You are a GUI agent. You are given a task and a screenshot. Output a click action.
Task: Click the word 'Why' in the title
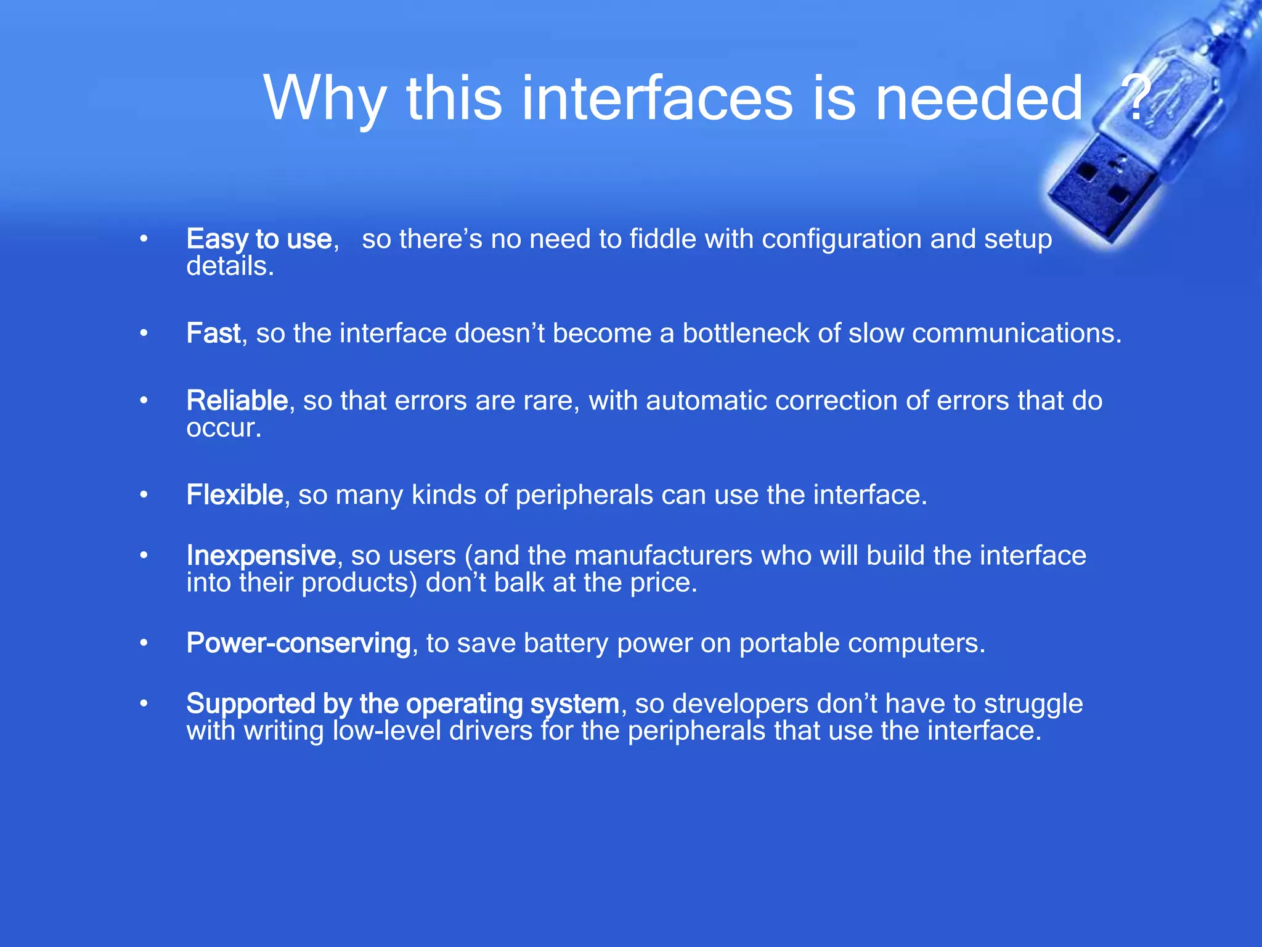[325, 99]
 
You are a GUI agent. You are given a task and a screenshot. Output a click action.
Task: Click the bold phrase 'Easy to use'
[259, 239]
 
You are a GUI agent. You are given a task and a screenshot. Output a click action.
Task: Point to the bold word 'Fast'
[213, 334]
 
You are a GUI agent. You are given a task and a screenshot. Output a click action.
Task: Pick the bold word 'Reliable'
[237, 401]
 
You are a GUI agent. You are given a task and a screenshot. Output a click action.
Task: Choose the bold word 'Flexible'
[235, 495]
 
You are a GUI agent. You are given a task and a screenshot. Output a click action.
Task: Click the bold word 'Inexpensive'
[261, 555]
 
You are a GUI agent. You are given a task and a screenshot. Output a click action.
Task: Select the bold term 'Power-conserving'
[299, 643]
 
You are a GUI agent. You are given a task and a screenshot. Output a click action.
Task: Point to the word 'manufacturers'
[664, 555]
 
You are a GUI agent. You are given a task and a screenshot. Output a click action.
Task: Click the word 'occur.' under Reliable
[224, 428]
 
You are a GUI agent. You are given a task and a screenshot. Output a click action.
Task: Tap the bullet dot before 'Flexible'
[144, 495]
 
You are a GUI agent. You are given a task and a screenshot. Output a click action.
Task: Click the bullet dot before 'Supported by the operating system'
[144, 703]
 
